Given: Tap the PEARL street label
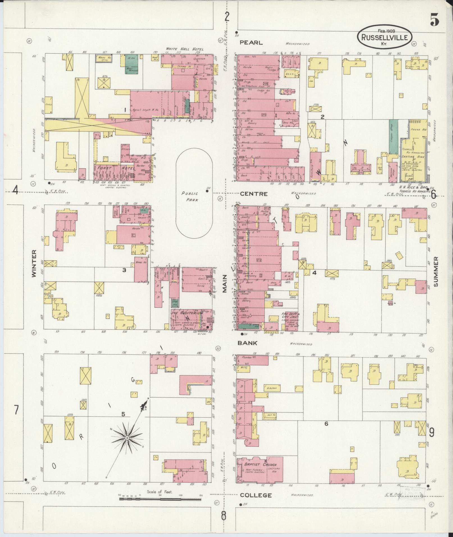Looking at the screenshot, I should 251,43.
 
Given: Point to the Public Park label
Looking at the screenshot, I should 190,196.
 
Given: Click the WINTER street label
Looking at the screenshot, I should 34,264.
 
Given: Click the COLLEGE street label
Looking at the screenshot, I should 256,495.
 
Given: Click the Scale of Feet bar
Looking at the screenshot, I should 160,499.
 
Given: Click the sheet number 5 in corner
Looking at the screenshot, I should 434,20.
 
